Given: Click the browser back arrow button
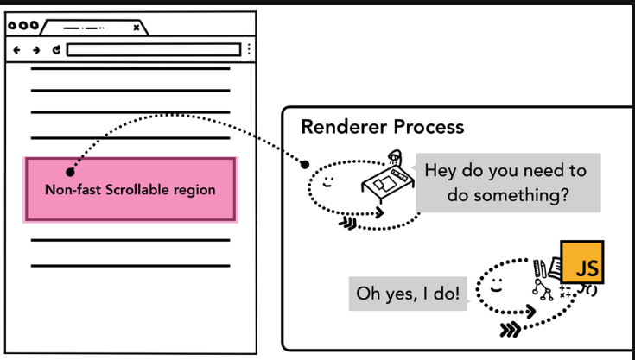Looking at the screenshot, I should pos(16,50).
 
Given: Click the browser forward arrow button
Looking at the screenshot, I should pos(36,50).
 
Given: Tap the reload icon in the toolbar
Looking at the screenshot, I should pos(56,50).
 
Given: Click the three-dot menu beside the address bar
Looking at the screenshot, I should pos(250,50).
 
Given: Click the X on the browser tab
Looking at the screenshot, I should pos(137,27).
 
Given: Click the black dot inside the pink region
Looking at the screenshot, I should pos(70,173).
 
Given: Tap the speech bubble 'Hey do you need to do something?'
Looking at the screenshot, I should pos(507,182).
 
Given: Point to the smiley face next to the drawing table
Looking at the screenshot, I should pos(329,182).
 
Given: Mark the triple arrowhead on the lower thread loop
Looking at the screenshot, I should pos(510,329).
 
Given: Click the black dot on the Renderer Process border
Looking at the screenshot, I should pos(304,162).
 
